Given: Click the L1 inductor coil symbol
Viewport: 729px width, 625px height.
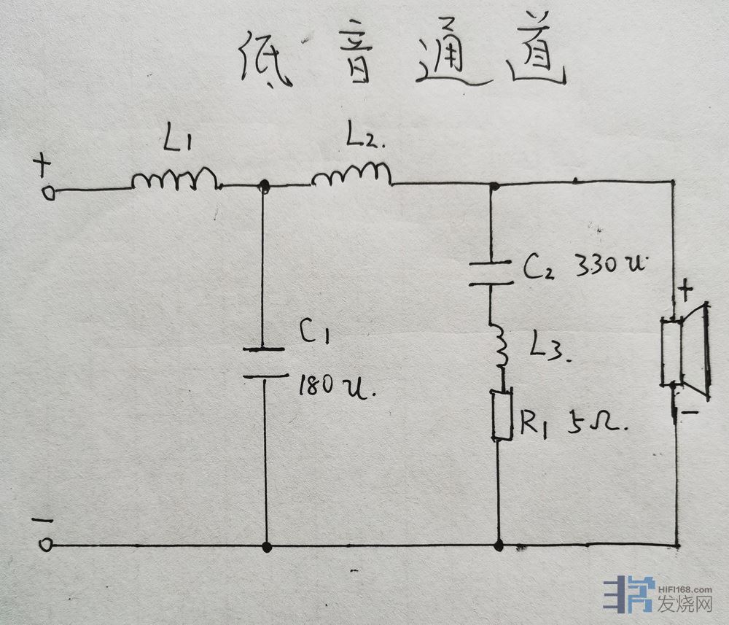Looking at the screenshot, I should (x=175, y=180).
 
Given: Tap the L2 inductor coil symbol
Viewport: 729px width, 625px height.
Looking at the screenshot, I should (x=352, y=175).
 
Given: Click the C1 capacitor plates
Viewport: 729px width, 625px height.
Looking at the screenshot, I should (x=263, y=362).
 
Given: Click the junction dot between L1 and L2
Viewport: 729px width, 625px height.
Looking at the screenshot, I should (x=265, y=187).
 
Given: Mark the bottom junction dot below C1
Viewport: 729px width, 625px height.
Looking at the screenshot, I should (x=266, y=546).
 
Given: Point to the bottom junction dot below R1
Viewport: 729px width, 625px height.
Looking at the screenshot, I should (x=499, y=545).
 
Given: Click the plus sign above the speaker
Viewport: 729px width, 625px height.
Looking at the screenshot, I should (x=685, y=291).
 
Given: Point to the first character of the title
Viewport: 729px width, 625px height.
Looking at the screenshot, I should (x=266, y=61).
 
